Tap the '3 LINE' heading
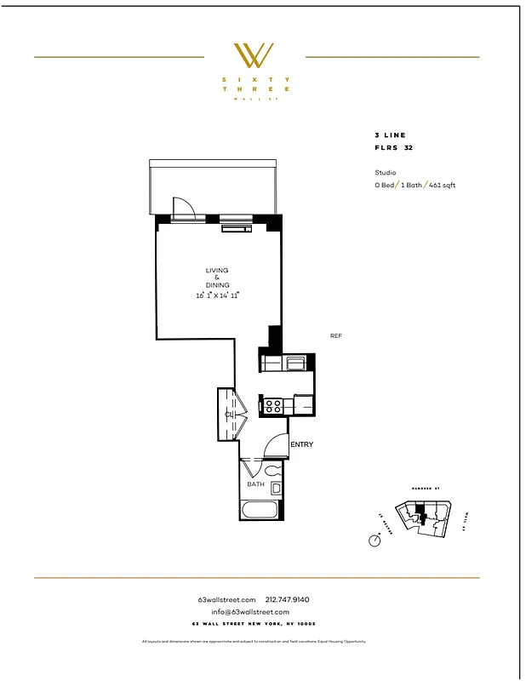390,135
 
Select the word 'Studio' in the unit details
386,172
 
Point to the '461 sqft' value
442,185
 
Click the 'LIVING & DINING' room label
216,278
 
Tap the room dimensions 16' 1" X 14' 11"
217,295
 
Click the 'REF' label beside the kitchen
335,336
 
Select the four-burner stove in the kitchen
273,406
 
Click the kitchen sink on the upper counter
296,363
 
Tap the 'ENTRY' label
301,444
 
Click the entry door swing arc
276,444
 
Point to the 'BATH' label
255,484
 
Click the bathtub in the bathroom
259,511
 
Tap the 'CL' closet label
229,415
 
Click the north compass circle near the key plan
374,541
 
